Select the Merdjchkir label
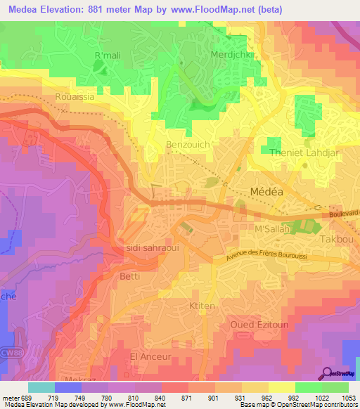(231, 54)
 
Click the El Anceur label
(150, 357)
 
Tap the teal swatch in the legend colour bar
(41, 387)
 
